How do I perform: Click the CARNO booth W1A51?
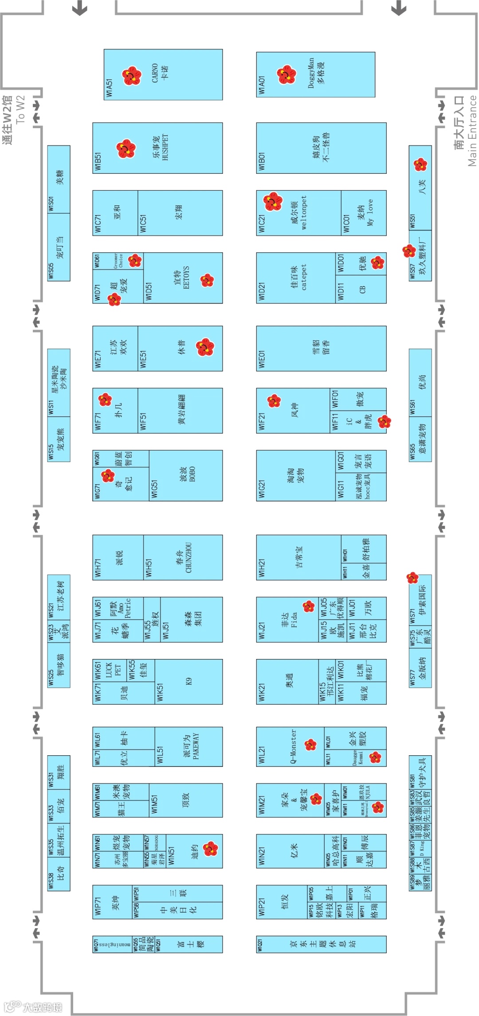pos(163,74)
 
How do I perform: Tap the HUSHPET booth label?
pos(165,148)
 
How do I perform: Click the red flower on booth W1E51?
pos(205,347)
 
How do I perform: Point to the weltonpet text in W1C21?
pos(304,212)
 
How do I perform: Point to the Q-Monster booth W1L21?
pos(293,746)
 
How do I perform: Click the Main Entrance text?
pos(472,131)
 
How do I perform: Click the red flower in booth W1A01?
pos(286,75)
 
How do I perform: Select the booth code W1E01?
pos(262,360)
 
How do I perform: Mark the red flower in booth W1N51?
pos(210,849)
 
